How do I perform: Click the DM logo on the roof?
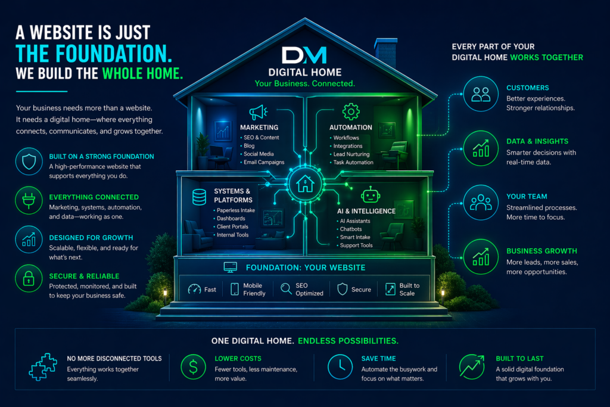coord(304,55)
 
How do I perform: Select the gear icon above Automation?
coord(350,111)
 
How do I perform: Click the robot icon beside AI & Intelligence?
coord(371,195)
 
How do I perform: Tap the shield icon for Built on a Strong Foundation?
coord(29,161)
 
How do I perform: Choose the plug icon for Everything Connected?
coord(29,202)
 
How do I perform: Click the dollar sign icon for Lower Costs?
coord(193,368)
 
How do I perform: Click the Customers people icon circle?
coord(480,94)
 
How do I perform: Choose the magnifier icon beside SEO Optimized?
coord(286,289)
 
